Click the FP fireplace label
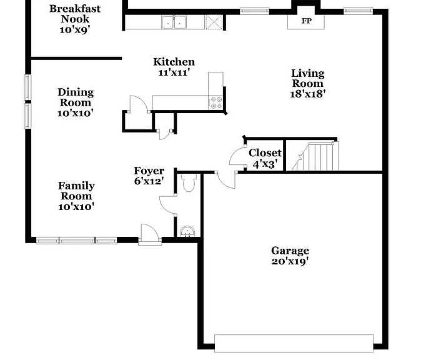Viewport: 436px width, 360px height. pyautogui.click(x=307, y=21)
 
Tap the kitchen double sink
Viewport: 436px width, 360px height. pyautogui.click(x=174, y=22)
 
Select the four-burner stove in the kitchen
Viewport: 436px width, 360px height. pyautogui.click(x=216, y=102)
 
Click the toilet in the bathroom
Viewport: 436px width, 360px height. pyautogui.click(x=189, y=182)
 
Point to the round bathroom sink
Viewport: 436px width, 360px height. pyautogui.click(x=187, y=231)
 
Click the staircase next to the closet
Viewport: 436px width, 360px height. pyautogui.click(x=315, y=156)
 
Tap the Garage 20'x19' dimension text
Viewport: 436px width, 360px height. pyautogui.click(x=290, y=261)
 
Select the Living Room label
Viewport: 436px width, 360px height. pyautogui.click(x=307, y=78)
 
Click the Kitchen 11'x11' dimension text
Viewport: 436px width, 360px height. pyautogui.click(x=174, y=72)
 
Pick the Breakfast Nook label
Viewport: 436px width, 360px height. pyautogui.click(x=75, y=14)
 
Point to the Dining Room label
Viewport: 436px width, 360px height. pyautogui.click(x=76, y=97)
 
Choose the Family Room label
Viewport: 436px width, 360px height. pyautogui.click(x=76, y=191)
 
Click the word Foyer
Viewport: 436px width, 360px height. pyautogui.click(x=149, y=171)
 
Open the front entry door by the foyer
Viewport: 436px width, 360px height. pyautogui.click(x=150, y=234)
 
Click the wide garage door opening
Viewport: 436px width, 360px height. pyautogui.click(x=294, y=343)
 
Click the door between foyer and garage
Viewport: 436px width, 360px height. pyautogui.click(x=225, y=180)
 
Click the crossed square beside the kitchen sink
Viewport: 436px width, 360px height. pyautogui.click(x=214, y=22)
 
